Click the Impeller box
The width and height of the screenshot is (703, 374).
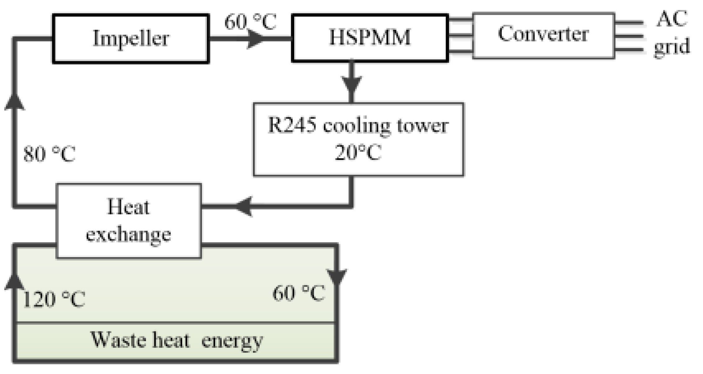(131, 39)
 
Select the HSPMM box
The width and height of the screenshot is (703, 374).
(370, 38)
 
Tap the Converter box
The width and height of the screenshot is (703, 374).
(543, 35)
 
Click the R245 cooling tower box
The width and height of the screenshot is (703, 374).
(358, 139)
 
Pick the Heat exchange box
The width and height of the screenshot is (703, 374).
(128, 221)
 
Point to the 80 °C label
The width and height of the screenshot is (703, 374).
(49, 154)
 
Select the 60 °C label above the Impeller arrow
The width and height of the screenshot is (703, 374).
(250, 22)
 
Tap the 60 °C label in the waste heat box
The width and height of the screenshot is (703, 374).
(298, 293)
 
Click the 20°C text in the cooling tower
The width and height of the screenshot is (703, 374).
(358, 153)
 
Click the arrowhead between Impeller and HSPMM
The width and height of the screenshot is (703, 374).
(256, 39)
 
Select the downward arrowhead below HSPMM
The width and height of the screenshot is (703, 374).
(351, 83)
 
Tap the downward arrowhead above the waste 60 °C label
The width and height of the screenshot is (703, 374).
(337, 276)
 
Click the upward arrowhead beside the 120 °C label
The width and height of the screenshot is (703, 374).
(14, 282)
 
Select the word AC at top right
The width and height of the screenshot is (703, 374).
(672, 19)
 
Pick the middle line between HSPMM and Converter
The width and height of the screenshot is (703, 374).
(460, 35)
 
